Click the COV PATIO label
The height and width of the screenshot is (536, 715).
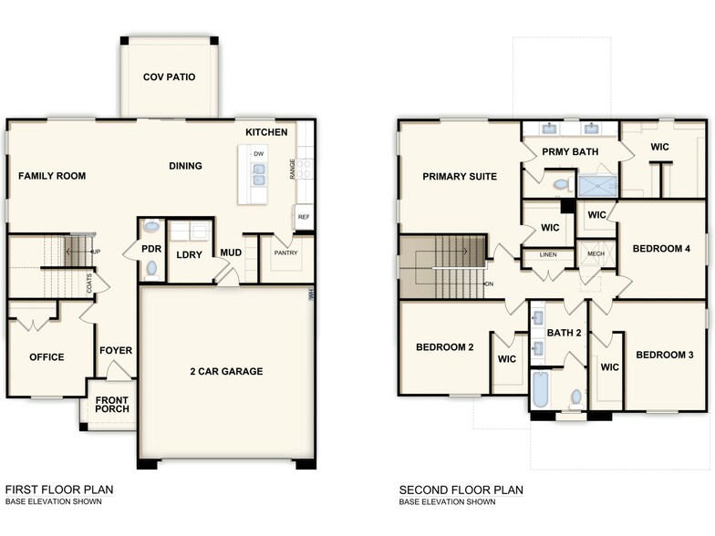169,77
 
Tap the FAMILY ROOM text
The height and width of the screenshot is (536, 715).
52,176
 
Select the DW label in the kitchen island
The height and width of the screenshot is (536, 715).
259,154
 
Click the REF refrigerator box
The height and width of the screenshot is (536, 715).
304,218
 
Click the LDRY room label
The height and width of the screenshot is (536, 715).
189,254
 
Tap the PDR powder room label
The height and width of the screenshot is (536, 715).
150,247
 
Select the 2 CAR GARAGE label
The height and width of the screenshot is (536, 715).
225,371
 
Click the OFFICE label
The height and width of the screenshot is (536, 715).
47,357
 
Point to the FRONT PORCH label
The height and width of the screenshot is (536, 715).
112,404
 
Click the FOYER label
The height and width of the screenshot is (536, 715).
116,350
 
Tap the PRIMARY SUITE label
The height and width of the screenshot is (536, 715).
460,176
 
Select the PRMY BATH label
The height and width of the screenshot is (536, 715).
570,151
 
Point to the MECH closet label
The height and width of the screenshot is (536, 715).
596,254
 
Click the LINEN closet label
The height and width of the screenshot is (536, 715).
548,254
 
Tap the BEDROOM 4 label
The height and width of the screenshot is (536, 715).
662,249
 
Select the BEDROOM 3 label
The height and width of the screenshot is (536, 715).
665,355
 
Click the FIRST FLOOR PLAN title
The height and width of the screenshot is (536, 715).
59,490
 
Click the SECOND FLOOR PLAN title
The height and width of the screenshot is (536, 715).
461,490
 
